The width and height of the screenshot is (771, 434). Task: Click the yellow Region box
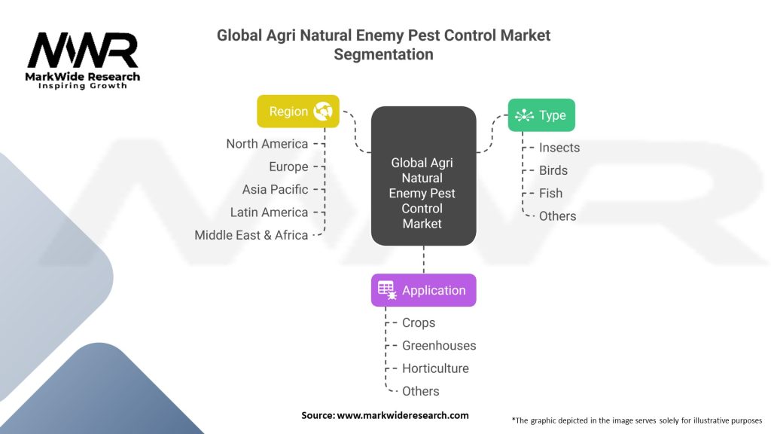[298, 111]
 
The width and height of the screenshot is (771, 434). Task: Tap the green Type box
[541, 115]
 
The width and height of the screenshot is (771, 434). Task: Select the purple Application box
[423, 290]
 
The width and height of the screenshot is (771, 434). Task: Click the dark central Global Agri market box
[423, 176]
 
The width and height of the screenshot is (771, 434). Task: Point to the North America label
[267, 144]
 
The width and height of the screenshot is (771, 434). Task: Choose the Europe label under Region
[288, 167]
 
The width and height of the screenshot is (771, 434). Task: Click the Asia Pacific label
[275, 189]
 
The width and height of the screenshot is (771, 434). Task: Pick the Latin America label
[269, 212]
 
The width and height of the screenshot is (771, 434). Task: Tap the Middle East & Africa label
[251, 235]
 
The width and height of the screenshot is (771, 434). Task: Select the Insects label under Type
[559, 148]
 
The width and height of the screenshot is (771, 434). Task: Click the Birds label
[553, 170]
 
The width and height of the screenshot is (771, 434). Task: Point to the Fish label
[550, 193]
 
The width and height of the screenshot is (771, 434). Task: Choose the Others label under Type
[557, 216]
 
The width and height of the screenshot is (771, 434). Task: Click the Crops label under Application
[419, 322]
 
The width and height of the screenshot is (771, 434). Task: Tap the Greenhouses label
[439, 345]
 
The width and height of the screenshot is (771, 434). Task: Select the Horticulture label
[435, 368]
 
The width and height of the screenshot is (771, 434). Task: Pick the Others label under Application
[421, 391]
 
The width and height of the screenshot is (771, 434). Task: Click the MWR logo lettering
[83, 50]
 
